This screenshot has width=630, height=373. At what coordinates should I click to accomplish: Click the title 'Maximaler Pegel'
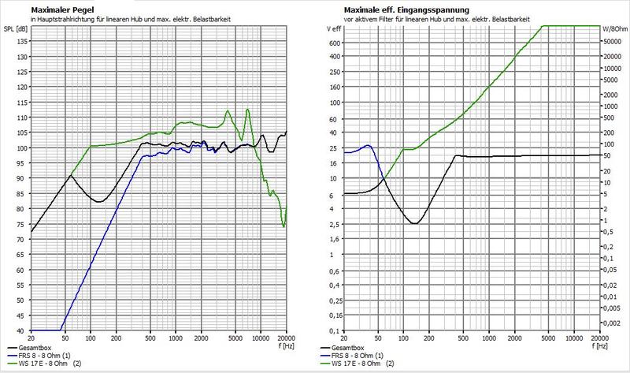pos(62,10)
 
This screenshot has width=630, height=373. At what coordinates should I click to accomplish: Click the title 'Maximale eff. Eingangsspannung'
pos(406,10)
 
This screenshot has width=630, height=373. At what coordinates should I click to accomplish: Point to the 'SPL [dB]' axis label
pos(16,29)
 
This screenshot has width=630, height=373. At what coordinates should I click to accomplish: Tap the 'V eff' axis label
pos(334,29)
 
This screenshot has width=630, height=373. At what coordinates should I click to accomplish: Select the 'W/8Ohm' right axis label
pos(615,29)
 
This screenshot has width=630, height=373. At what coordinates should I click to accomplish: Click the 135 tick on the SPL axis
pos(23,42)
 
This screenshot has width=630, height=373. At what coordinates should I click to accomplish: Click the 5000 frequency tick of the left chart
pos(235,338)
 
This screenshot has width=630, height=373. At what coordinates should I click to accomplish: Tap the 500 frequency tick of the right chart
pos(463,338)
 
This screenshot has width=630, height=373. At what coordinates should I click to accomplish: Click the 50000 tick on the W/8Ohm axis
pos(613,42)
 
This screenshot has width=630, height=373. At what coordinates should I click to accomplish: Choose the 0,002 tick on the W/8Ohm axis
pos(613,323)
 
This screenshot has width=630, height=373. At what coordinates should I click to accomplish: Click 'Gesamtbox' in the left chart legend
pos(35,348)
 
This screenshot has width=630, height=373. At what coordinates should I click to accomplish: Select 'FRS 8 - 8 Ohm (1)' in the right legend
pos(358,356)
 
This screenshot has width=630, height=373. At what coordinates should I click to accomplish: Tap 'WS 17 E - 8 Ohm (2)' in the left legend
pos(50,364)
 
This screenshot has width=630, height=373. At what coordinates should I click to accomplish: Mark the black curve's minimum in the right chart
pos(416,223)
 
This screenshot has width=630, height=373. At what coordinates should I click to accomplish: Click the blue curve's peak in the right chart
pos(368,145)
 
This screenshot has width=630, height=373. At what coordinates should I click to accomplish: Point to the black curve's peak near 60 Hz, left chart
pos(71,175)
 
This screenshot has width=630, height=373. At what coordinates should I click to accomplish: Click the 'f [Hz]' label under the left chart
pos(286,345)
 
